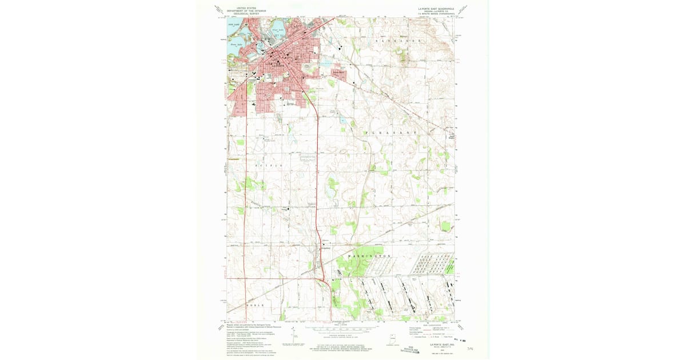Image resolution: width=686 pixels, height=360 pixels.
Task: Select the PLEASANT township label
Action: tap(391, 133)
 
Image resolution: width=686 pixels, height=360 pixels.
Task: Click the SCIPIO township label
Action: tap(269, 165)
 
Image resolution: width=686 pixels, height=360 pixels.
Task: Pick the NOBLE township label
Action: tap(256, 306)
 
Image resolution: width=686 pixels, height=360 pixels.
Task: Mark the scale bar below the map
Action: tap(342, 330)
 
